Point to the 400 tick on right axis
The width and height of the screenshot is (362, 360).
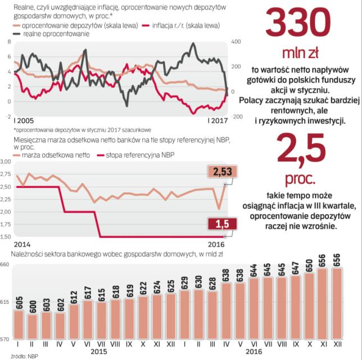pos(236,42)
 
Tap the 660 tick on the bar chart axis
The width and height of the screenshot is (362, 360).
pos(6,264)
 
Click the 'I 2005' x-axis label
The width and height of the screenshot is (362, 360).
pos(23,121)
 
